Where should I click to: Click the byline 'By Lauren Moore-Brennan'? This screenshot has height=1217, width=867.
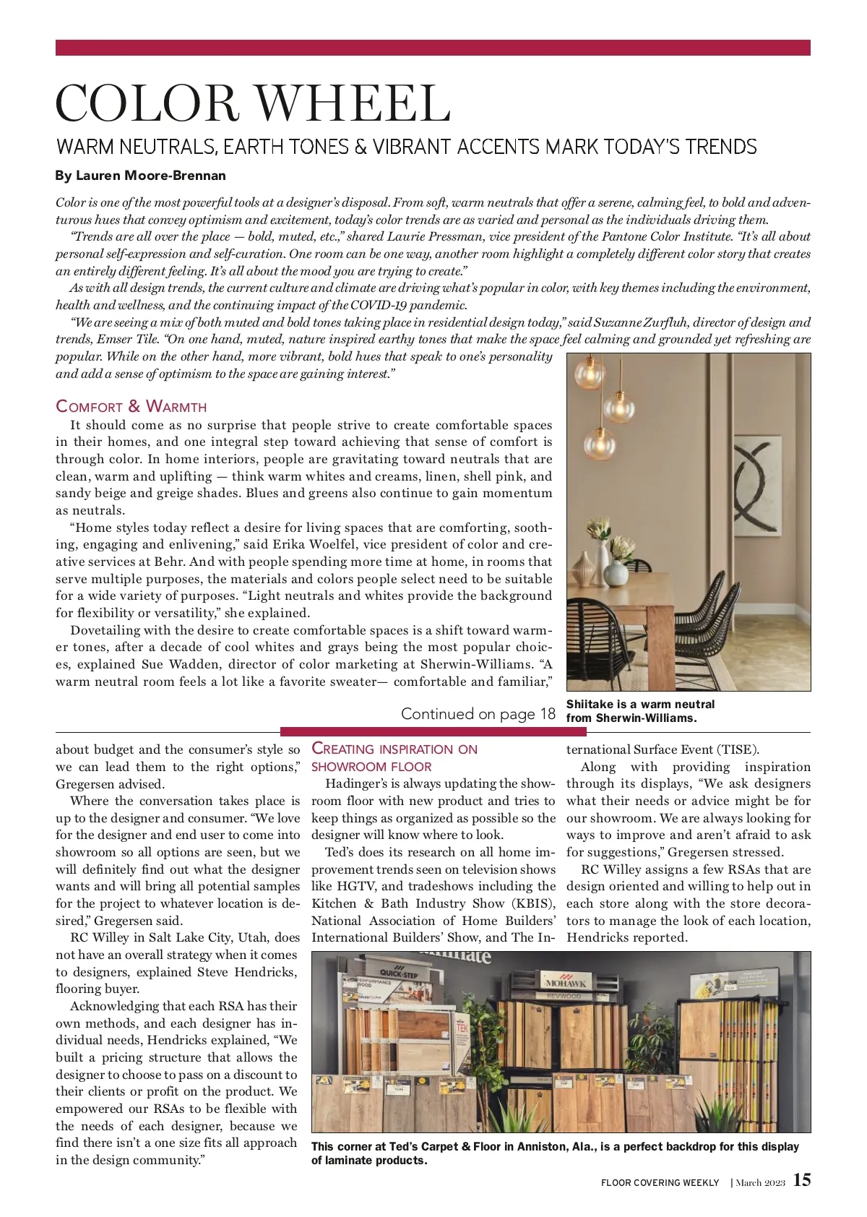pyautogui.click(x=141, y=176)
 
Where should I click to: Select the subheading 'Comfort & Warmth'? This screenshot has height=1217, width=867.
pyautogui.click(x=131, y=406)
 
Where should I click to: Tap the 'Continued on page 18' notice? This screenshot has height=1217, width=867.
pyautogui.click(x=478, y=714)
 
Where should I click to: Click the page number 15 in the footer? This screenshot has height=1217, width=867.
pyautogui.click(x=802, y=1180)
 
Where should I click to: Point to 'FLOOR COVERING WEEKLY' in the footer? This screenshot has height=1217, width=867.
pyautogui.click(x=660, y=1182)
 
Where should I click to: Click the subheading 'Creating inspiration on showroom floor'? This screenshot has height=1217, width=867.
pyautogui.click(x=394, y=757)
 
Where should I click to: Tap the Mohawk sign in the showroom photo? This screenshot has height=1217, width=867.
pyautogui.click(x=566, y=984)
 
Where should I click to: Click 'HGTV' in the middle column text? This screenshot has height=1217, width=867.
pyautogui.click(x=356, y=886)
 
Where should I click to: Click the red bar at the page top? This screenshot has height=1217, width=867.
pyautogui.click(x=433, y=48)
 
